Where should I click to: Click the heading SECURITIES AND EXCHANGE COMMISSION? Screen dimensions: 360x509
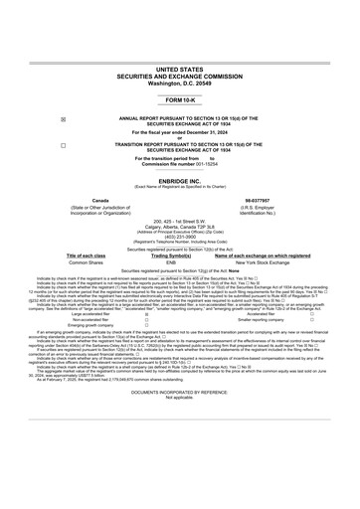179,78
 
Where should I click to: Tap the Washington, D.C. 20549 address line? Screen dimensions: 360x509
179,84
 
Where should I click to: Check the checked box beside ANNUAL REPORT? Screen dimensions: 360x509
64,118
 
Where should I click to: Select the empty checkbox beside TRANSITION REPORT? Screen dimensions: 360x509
64,144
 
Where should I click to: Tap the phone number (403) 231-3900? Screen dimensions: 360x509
179,236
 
